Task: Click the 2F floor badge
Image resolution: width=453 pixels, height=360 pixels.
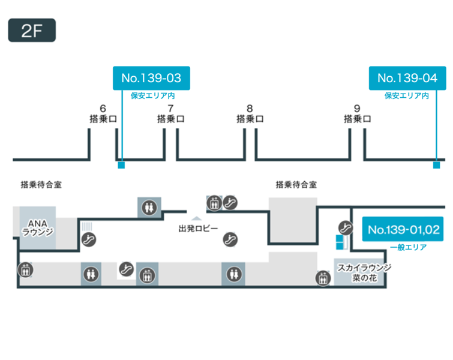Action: tap(32, 31)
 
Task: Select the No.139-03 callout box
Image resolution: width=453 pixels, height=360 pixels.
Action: tap(151, 78)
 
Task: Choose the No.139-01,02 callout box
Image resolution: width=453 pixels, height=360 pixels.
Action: tap(403, 230)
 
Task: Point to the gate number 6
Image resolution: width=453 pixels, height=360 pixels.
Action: tap(103, 109)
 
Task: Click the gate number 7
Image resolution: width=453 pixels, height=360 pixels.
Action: tap(170, 109)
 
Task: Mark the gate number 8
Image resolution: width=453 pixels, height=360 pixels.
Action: tap(250, 109)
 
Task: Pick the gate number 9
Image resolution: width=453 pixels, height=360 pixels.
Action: tap(357, 109)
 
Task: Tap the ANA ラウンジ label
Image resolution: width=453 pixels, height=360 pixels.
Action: tap(37, 227)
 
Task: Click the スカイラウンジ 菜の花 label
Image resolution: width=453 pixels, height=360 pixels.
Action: tap(364, 272)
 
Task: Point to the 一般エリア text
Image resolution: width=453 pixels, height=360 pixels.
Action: tap(407, 247)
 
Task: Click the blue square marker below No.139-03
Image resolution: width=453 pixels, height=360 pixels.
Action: tap(121, 165)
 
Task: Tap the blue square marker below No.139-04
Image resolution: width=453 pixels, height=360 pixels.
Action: tap(436, 165)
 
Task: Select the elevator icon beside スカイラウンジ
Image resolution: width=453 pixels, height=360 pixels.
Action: tap(323, 278)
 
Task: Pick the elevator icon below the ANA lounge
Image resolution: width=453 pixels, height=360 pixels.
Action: tap(25, 269)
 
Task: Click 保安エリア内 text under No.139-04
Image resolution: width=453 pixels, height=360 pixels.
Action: tap(407, 95)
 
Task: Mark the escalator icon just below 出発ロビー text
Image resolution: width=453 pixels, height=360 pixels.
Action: tap(228, 240)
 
